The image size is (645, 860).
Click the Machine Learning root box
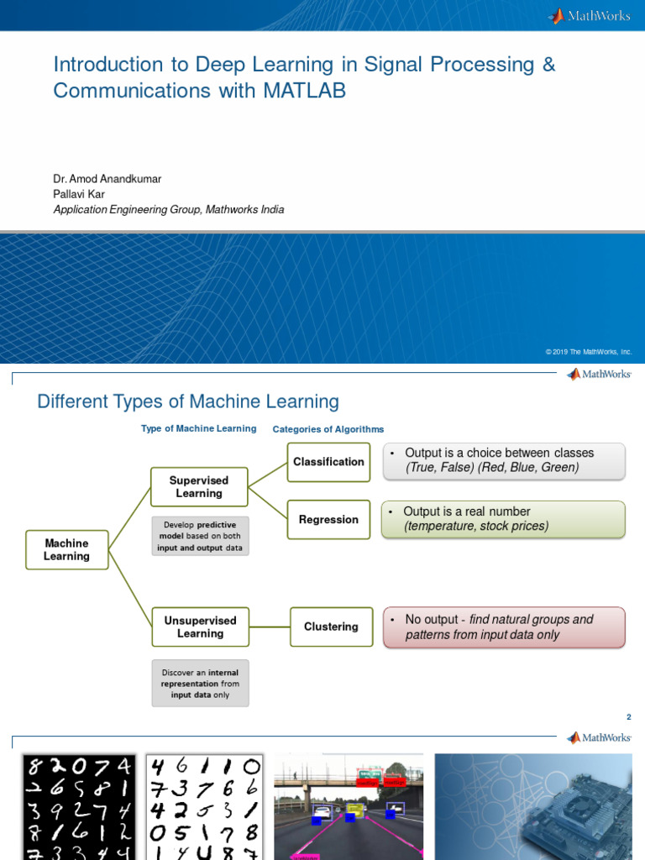point(67,550)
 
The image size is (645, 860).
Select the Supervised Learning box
point(199,487)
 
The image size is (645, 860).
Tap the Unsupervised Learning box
point(200,627)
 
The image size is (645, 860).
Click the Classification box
point(328,462)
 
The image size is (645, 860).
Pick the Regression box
point(328,520)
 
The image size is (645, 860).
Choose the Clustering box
point(331,627)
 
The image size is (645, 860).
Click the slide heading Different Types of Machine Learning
point(188,401)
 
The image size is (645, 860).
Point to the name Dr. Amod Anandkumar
point(107,179)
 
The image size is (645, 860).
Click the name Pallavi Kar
point(79,194)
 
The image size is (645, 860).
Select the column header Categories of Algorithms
point(328,429)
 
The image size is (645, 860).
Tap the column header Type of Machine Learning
point(198,428)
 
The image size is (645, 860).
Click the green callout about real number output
point(503,519)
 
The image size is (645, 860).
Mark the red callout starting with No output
point(504,627)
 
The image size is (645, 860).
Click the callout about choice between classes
point(504,460)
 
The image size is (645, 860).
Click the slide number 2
point(628,717)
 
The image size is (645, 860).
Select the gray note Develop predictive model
point(199,536)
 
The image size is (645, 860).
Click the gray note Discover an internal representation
point(200,684)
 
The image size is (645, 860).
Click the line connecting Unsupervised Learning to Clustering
point(270,627)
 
